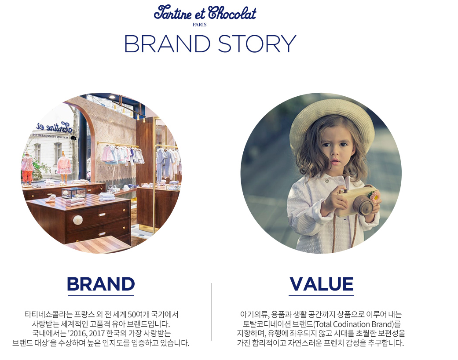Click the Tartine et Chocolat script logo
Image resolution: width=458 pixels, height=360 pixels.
pos(205,13)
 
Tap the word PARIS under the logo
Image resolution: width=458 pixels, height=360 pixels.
pos(199,25)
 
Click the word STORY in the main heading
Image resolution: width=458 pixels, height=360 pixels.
pos(257,44)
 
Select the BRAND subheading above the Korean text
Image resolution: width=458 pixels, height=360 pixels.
pos(101,284)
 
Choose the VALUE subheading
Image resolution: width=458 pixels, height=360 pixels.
pos(322,284)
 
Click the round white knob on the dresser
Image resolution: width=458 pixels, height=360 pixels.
pos(78,220)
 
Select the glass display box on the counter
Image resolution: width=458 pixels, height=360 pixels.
pos(74,193)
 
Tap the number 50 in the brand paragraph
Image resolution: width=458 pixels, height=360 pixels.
pos(132,314)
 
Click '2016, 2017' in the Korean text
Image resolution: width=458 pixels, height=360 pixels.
pos(87,334)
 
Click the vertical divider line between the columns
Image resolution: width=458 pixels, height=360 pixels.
pos(212,312)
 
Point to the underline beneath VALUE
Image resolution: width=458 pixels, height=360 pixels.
pos(321,296)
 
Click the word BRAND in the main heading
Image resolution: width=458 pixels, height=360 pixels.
pos(167,44)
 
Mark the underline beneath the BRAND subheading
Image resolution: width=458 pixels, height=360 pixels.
pos(101,296)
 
